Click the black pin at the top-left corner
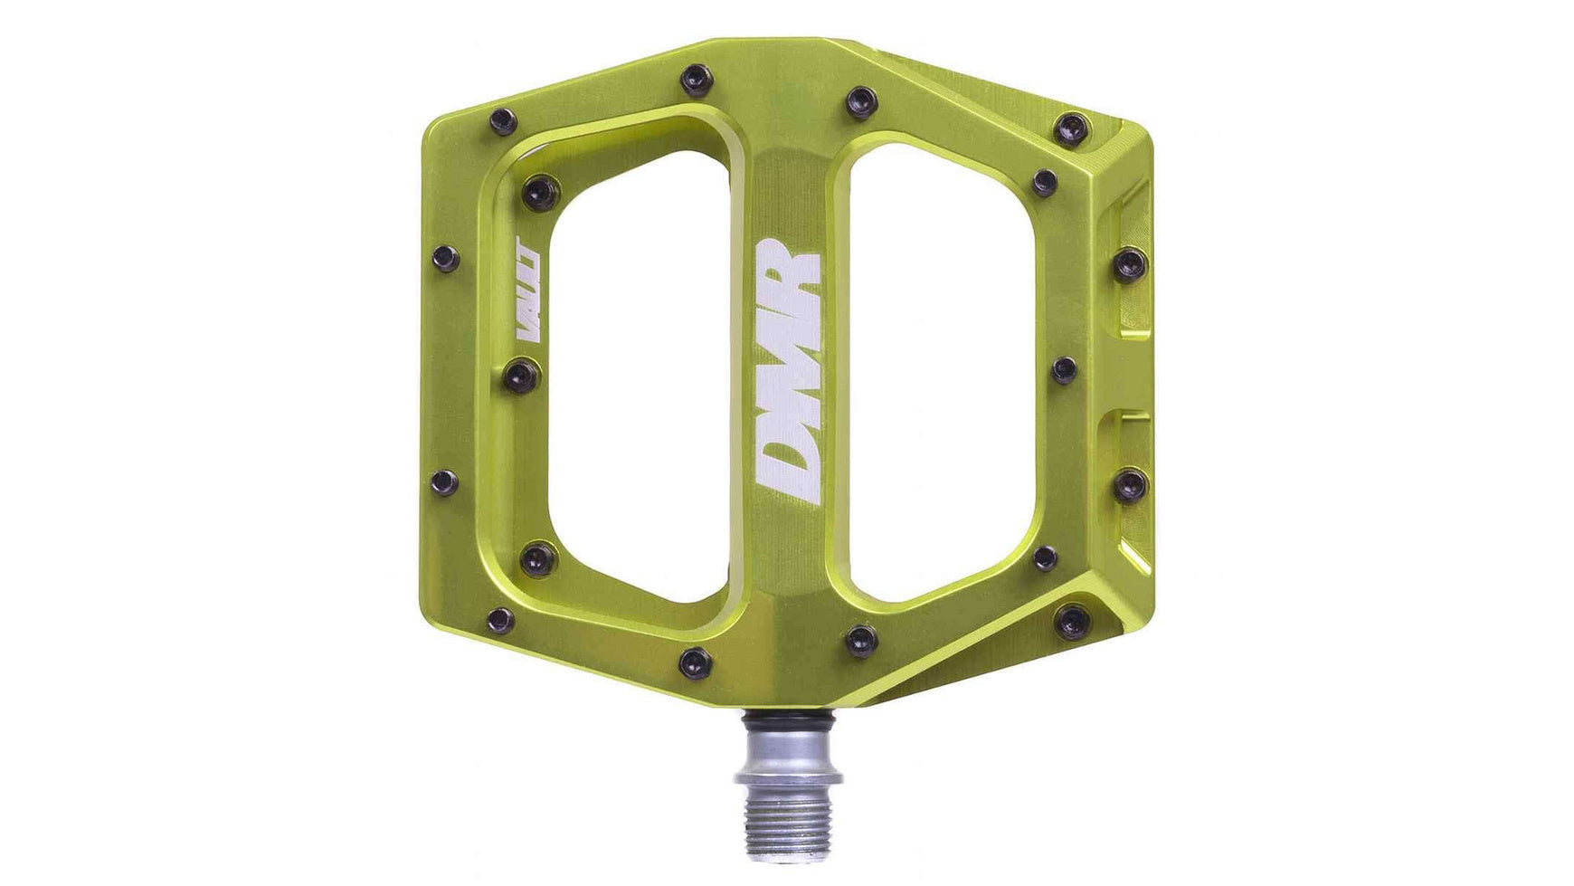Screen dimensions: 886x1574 tap(502, 121)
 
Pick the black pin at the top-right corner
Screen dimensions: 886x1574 tap(1074, 128)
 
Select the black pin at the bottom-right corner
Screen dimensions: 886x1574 tap(1074, 621)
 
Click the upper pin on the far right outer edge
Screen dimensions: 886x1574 tap(1130, 264)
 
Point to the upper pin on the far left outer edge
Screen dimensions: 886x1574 tap(445, 259)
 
